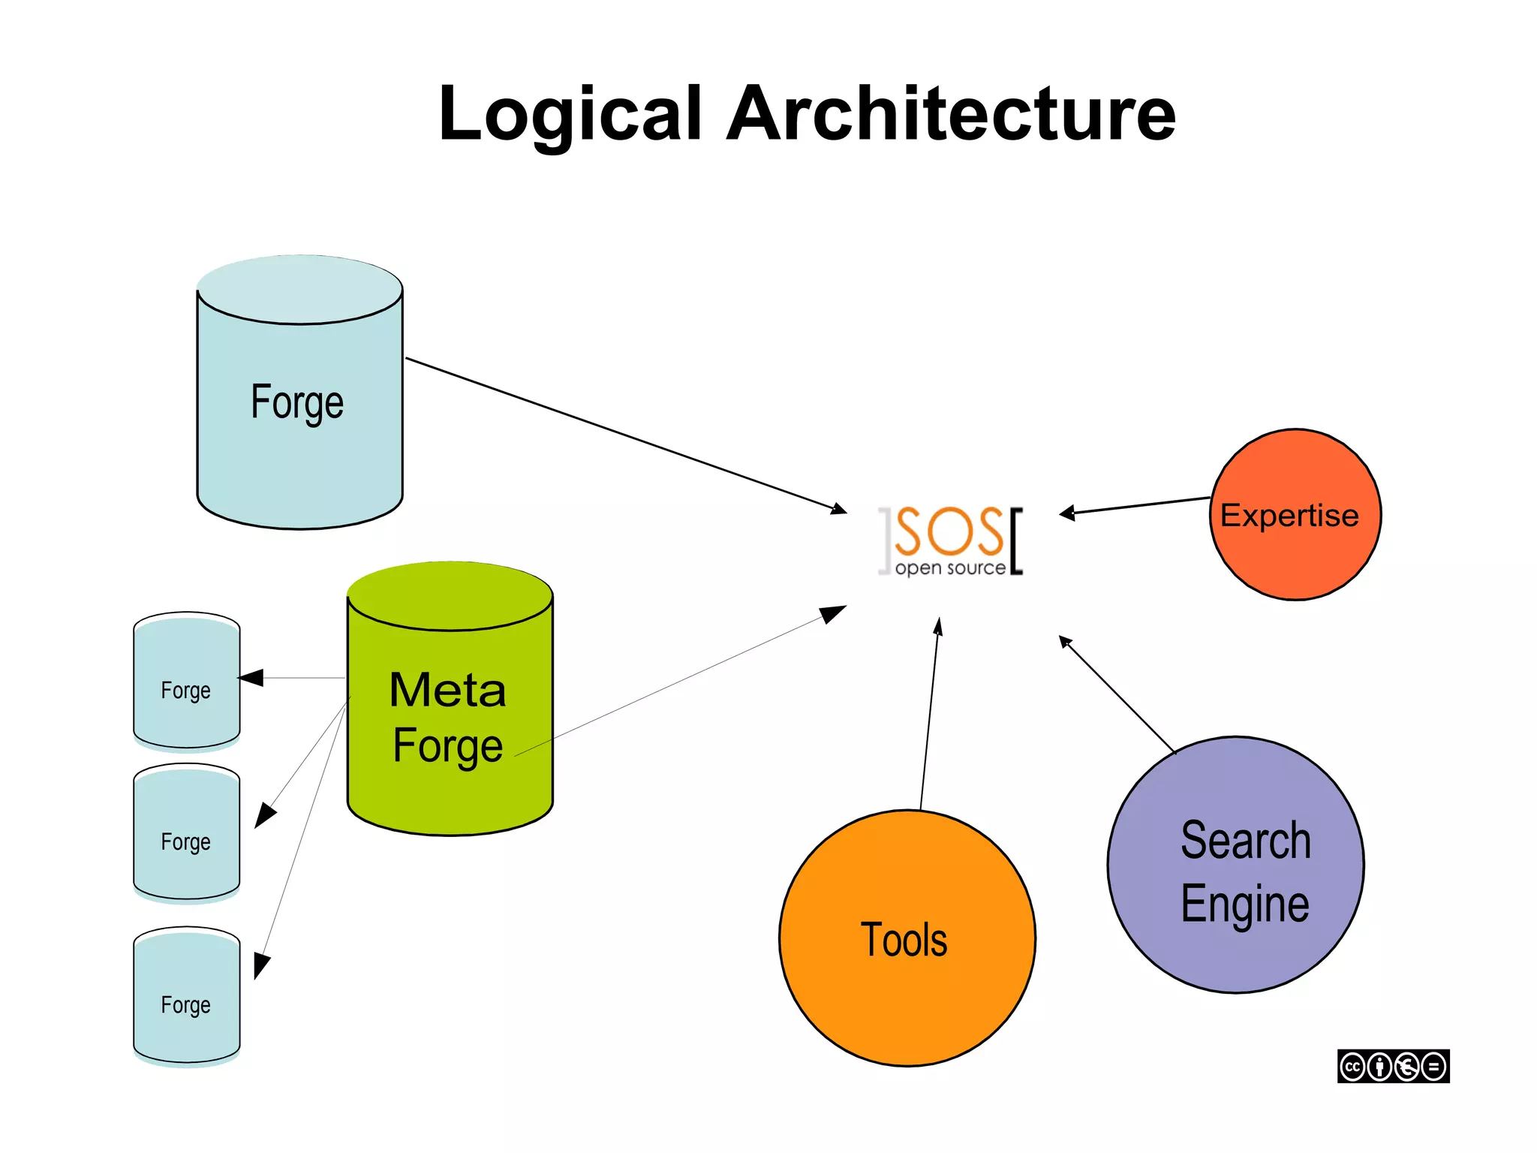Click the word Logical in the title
(570, 114)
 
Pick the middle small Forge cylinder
(186, 833)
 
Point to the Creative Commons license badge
(1393, 1066)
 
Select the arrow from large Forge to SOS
(623, 435)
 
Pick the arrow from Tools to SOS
(930, 713)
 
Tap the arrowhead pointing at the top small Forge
(252, 678)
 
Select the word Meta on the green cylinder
(447, 691)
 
